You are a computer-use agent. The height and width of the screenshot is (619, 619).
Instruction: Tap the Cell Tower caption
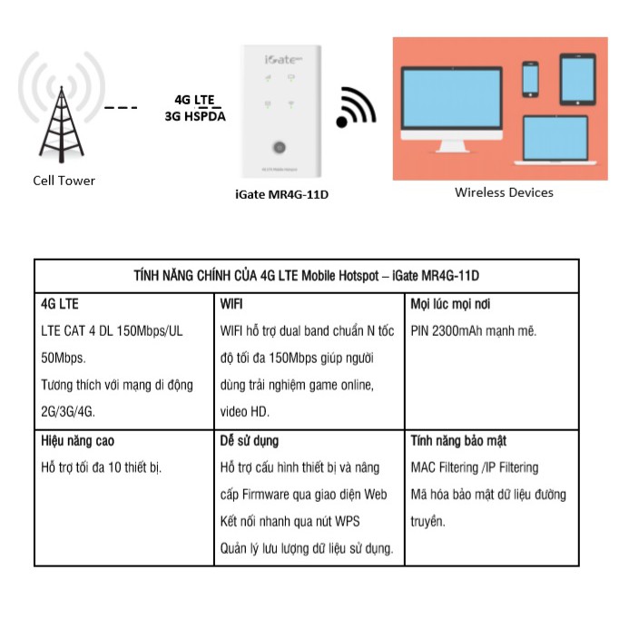pyautogui.click(x=64, y=181)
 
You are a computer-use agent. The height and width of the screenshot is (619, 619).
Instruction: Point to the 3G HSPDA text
pyautogui.click(x=195, y=116)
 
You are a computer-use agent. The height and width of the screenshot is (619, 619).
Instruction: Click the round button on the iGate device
pyautogui.click(x=279, y=147)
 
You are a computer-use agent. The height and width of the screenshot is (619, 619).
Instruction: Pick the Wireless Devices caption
pyautogui.click(x=504, y=192)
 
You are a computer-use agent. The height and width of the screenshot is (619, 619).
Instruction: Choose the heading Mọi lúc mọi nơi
pyautogui.click(x=451, y=304)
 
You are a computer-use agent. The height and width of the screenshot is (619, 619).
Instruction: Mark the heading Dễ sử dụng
pyautogui.click(x=250, y=440)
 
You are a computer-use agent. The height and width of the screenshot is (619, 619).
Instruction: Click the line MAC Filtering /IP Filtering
pyautogui.click(x=475, y=467)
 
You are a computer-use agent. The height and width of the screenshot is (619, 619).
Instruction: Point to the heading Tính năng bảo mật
pyautogui.click(x=458, y=440)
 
